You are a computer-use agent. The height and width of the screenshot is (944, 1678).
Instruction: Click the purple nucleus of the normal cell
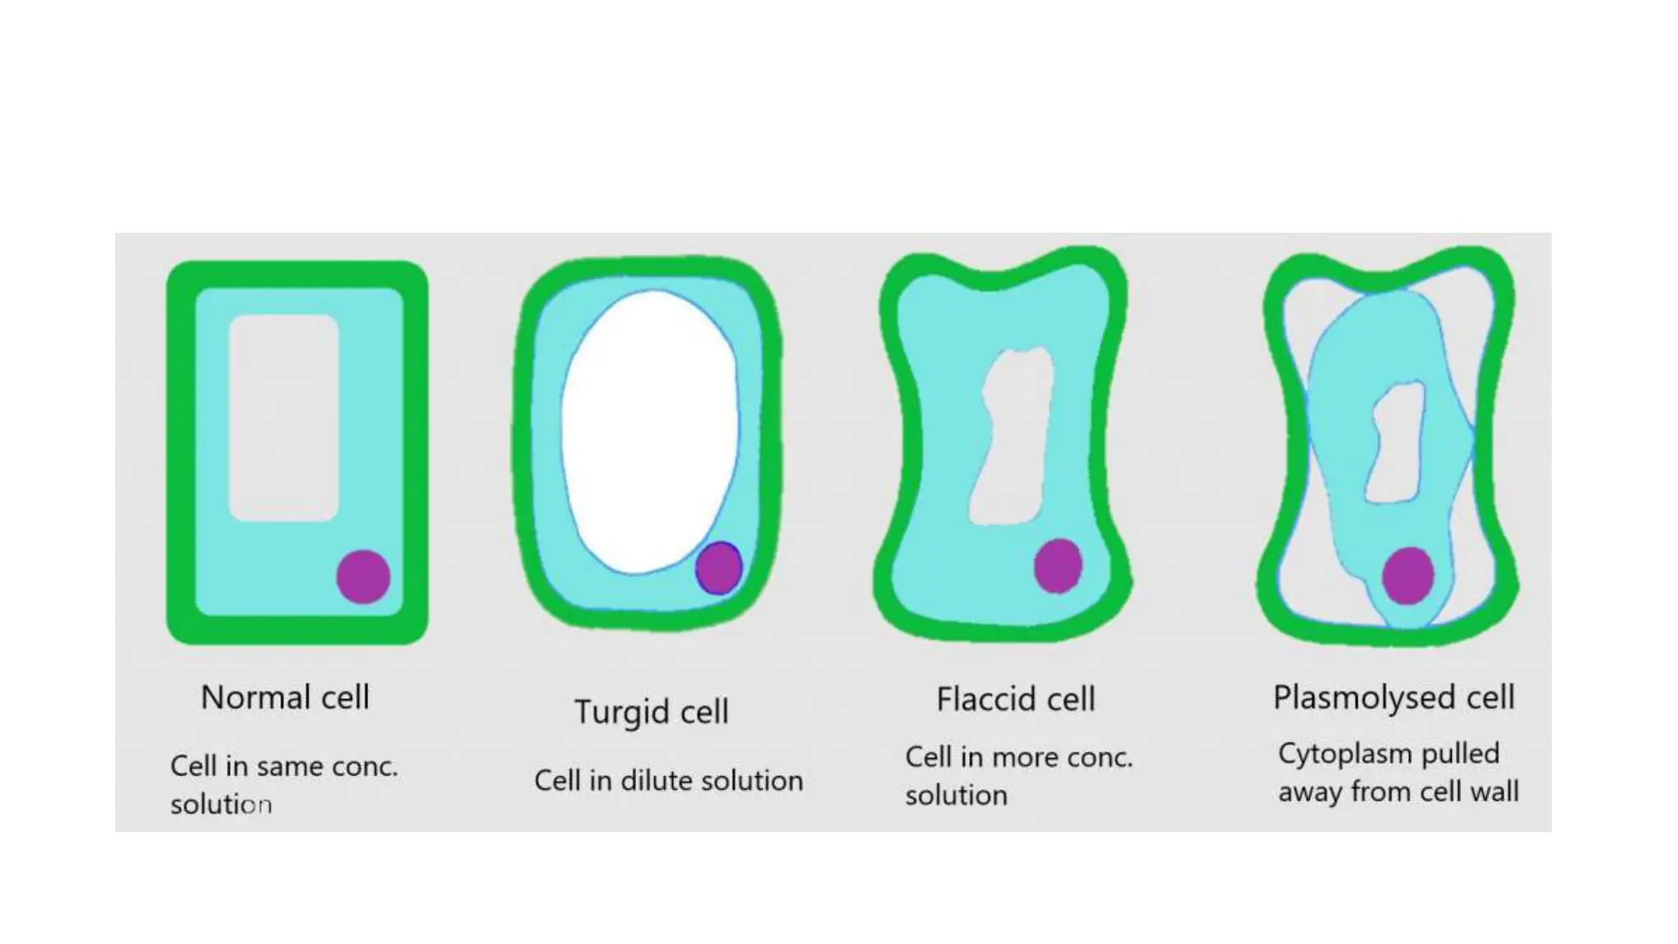click(x=363, y=576)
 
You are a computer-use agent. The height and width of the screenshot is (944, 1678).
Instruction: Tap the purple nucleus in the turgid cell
click(x=719, y=568)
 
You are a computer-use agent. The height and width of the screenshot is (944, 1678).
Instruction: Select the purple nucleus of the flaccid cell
click(x=1058, y=565)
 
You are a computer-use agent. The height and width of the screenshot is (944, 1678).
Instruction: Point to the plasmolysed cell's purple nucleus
click(x=1408, y=575)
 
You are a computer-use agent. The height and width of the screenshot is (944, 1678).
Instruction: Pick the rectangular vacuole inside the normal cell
click(x=283, y=417)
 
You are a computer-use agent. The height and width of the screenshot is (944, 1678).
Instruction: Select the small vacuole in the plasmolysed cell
click(x=1395, y=443)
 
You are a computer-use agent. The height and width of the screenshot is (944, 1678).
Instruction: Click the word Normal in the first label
click(x=256, y=697)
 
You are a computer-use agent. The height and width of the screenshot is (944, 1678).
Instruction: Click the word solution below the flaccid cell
click(x=956, y=795)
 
